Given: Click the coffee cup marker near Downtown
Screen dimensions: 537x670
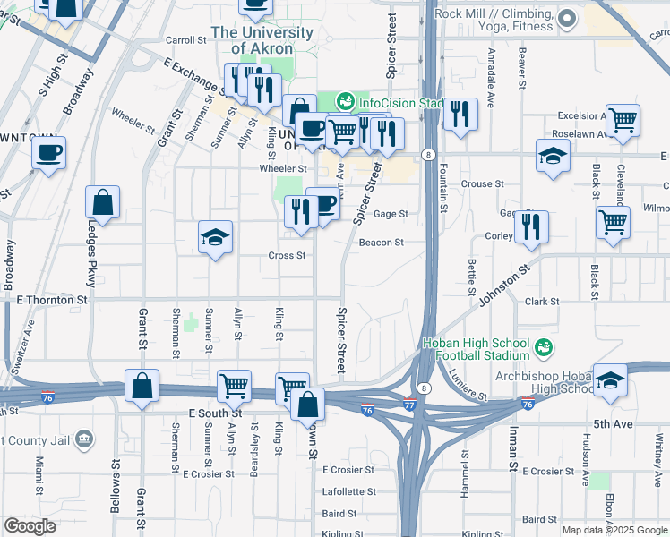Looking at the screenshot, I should pos(49,151).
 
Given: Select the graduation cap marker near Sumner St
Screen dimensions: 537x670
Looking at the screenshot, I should pos(215,238).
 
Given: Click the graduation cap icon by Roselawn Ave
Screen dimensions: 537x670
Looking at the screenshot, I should pos(554,156).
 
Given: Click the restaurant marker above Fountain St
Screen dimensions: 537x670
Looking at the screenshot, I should pos(460,114).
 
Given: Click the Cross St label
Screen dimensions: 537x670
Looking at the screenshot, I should pos(288,255).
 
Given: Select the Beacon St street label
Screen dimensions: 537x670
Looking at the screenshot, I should pos(382,243).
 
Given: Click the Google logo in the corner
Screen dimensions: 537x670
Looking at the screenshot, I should pos(30,526).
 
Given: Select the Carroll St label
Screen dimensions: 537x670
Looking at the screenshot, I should pos(186,40).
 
